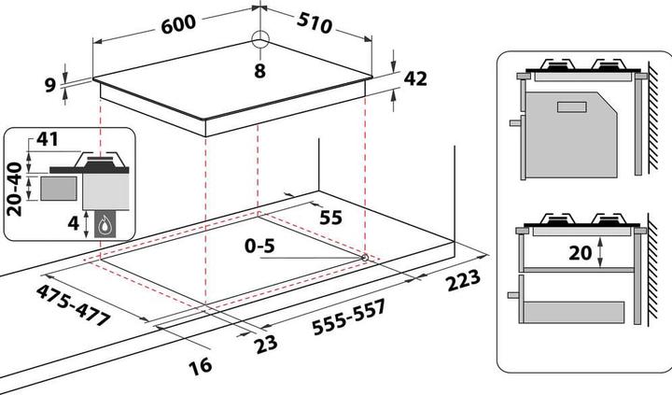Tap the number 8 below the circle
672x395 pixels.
(x=259, y=71)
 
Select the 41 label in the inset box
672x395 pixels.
(x=49, y=140)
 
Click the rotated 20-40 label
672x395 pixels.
(x=14, y=187)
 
